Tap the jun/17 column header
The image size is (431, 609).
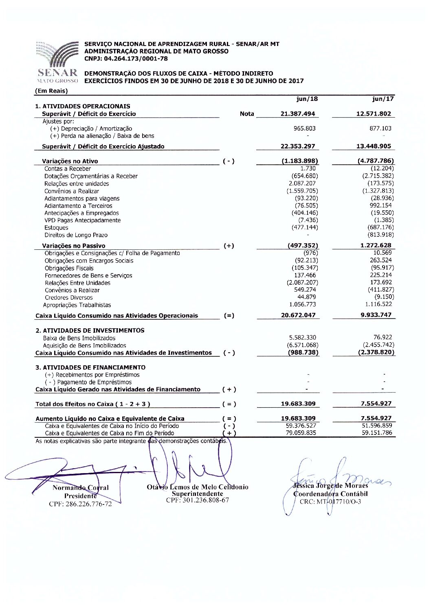pos(383,99)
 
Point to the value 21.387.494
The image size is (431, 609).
pos(298,114)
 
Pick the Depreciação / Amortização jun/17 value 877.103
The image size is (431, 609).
pos(380,128)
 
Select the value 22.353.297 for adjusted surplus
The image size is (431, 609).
pos(298,146)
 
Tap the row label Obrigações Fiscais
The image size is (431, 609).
pos(69,268)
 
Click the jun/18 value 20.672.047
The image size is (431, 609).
pos(298,315)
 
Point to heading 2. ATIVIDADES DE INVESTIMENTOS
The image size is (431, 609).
pos(90,330)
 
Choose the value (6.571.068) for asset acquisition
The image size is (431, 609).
pos(302,345)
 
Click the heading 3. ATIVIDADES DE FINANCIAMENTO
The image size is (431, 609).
pos(90,367)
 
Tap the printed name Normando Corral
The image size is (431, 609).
pos(81,487)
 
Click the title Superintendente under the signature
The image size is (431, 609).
pos(197,493)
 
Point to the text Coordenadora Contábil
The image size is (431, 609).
pos(330,494)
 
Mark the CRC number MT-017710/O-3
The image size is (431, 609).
pos(330,502)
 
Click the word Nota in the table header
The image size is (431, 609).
pos(247,114)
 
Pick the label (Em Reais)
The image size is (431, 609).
pos(51,91)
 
